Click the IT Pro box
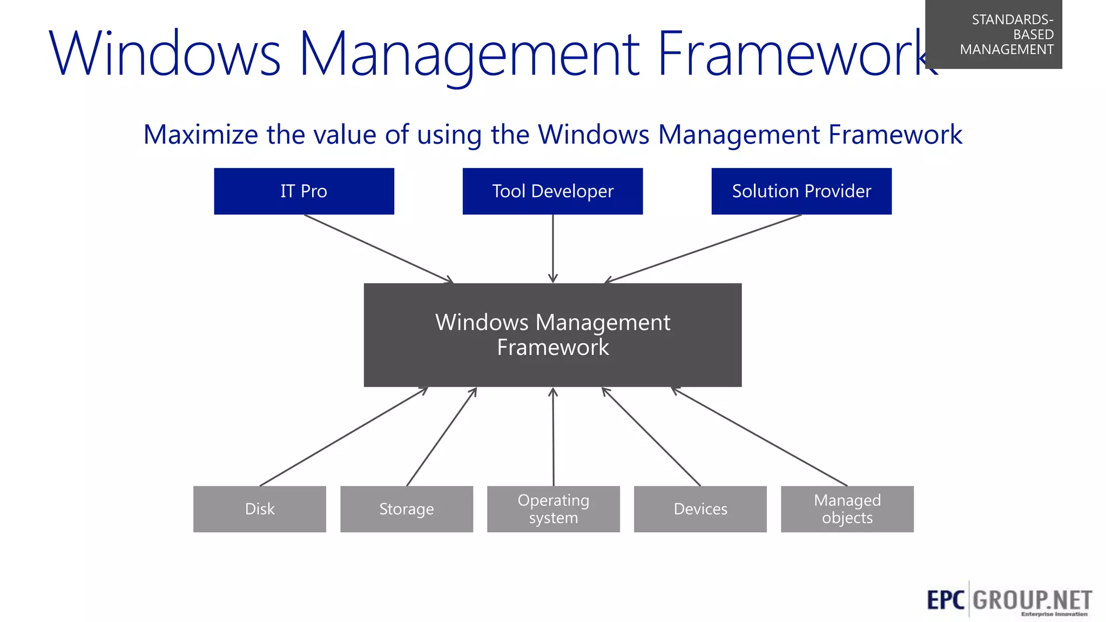pos(304,191)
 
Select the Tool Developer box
pos(552,191)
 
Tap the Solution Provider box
pos(801,191)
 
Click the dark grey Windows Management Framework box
pos(552,335)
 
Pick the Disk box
pos(260,509)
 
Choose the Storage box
pos(407,509)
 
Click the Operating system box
pos(554,509)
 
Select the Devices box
pos(700,509)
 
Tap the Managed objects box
pos(847,509)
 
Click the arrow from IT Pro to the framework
pos(378,248)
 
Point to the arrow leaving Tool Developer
pos(552,248)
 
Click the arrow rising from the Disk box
pos(343,437)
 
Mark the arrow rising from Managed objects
pos(759,437)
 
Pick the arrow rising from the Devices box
pos(651,437)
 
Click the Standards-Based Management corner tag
pos(994,34)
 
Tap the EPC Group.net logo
pos(1009,600)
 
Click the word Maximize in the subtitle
pos(200,134)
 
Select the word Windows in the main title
pos(165,54)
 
